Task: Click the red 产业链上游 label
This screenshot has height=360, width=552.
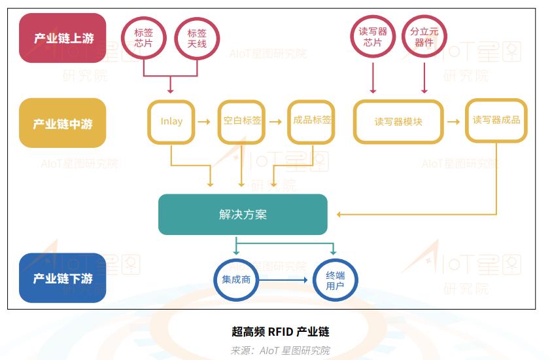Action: [x=63, y=38]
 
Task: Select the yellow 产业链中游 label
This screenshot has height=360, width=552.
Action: [x=63, y=123]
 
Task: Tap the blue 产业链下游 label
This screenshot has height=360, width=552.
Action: [x=63, y=278]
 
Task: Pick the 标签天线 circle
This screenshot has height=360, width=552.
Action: [x=197, y=38]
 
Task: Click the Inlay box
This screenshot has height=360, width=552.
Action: [x=171, y=122]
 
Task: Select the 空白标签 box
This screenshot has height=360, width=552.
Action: [x=242, y=122]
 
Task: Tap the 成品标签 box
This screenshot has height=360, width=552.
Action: [x=311, y=121]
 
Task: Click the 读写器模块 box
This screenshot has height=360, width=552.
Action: [x=398, y=122]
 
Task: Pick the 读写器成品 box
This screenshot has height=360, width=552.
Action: [x=496, y=120]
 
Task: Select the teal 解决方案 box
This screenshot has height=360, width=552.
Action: [x=243, y=215]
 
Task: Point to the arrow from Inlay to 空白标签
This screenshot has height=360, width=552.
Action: [x=204, y=122]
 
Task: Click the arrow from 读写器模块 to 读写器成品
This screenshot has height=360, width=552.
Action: [x=453, y=122]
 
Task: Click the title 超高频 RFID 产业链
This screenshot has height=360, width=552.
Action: [x=281, y=332]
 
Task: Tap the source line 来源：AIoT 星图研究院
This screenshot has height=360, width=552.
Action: [x=281, y=350]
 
